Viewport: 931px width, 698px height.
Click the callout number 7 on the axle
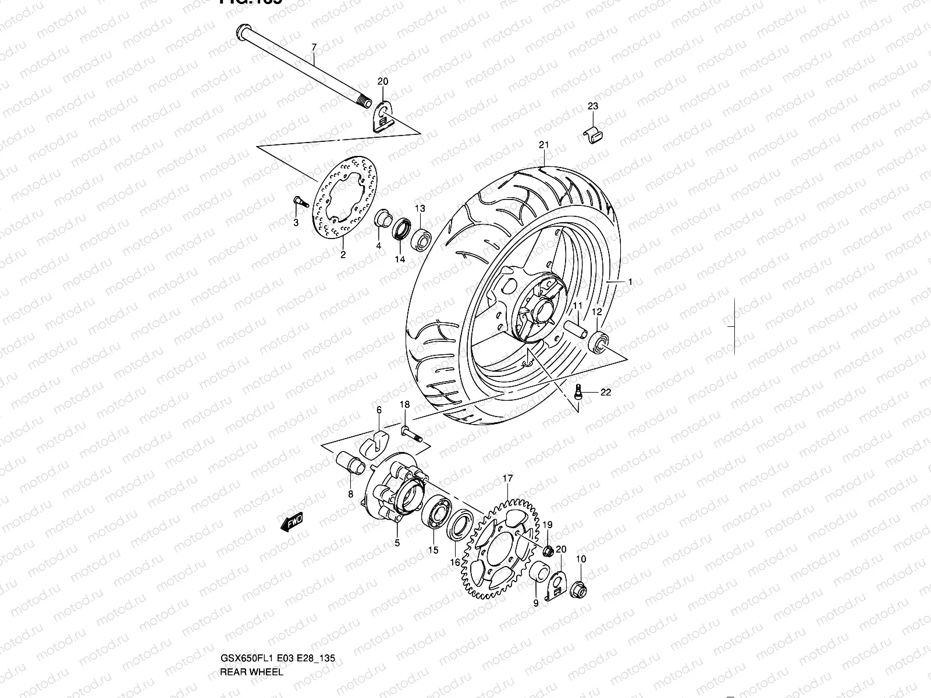[x=314, y=47]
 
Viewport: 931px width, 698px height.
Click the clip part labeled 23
[x=592, y=134]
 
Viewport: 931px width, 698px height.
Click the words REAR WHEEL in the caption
[x=251, y=672]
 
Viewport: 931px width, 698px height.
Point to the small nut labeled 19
[x=548, y=550]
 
